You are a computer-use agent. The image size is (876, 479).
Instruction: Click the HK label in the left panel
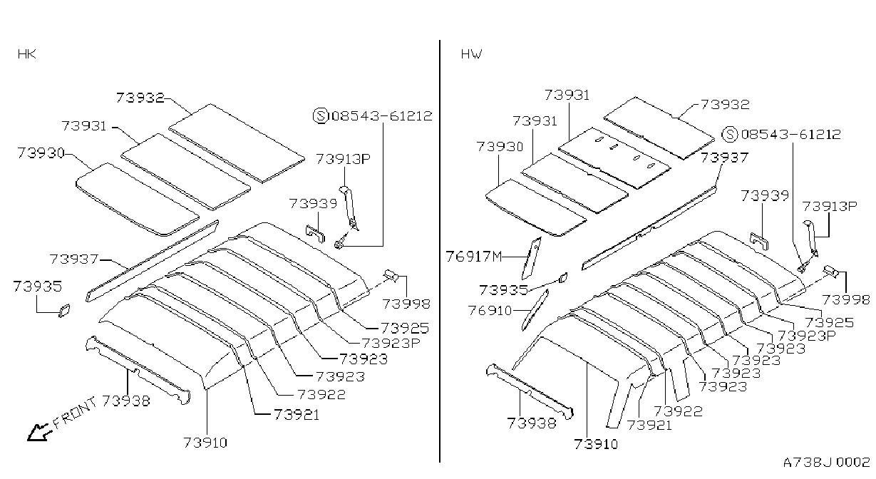(x=26, y=54)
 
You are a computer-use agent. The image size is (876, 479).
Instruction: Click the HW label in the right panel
(x=471, y=54)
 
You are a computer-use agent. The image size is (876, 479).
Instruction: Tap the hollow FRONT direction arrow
(x=39, y=432)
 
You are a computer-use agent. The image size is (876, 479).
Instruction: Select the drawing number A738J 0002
(x=826, y=463)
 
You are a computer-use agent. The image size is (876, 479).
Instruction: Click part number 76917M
(x=473, y=257)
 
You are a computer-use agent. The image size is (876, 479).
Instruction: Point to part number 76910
(x=490, y=311)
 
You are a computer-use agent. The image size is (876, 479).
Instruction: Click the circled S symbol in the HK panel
(x=321, y=115)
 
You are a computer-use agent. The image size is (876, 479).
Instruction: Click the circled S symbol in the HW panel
(x=729, y=134)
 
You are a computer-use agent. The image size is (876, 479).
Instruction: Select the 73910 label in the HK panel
(x=205, y=443)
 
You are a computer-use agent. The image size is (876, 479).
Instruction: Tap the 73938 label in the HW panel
(x=532, y=423)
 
